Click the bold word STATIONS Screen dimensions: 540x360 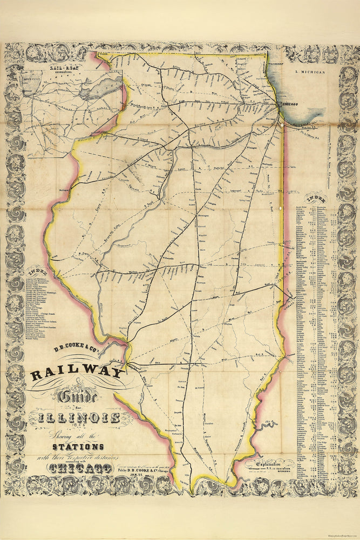click(78, 447)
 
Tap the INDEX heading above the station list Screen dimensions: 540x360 click(314, 197)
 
